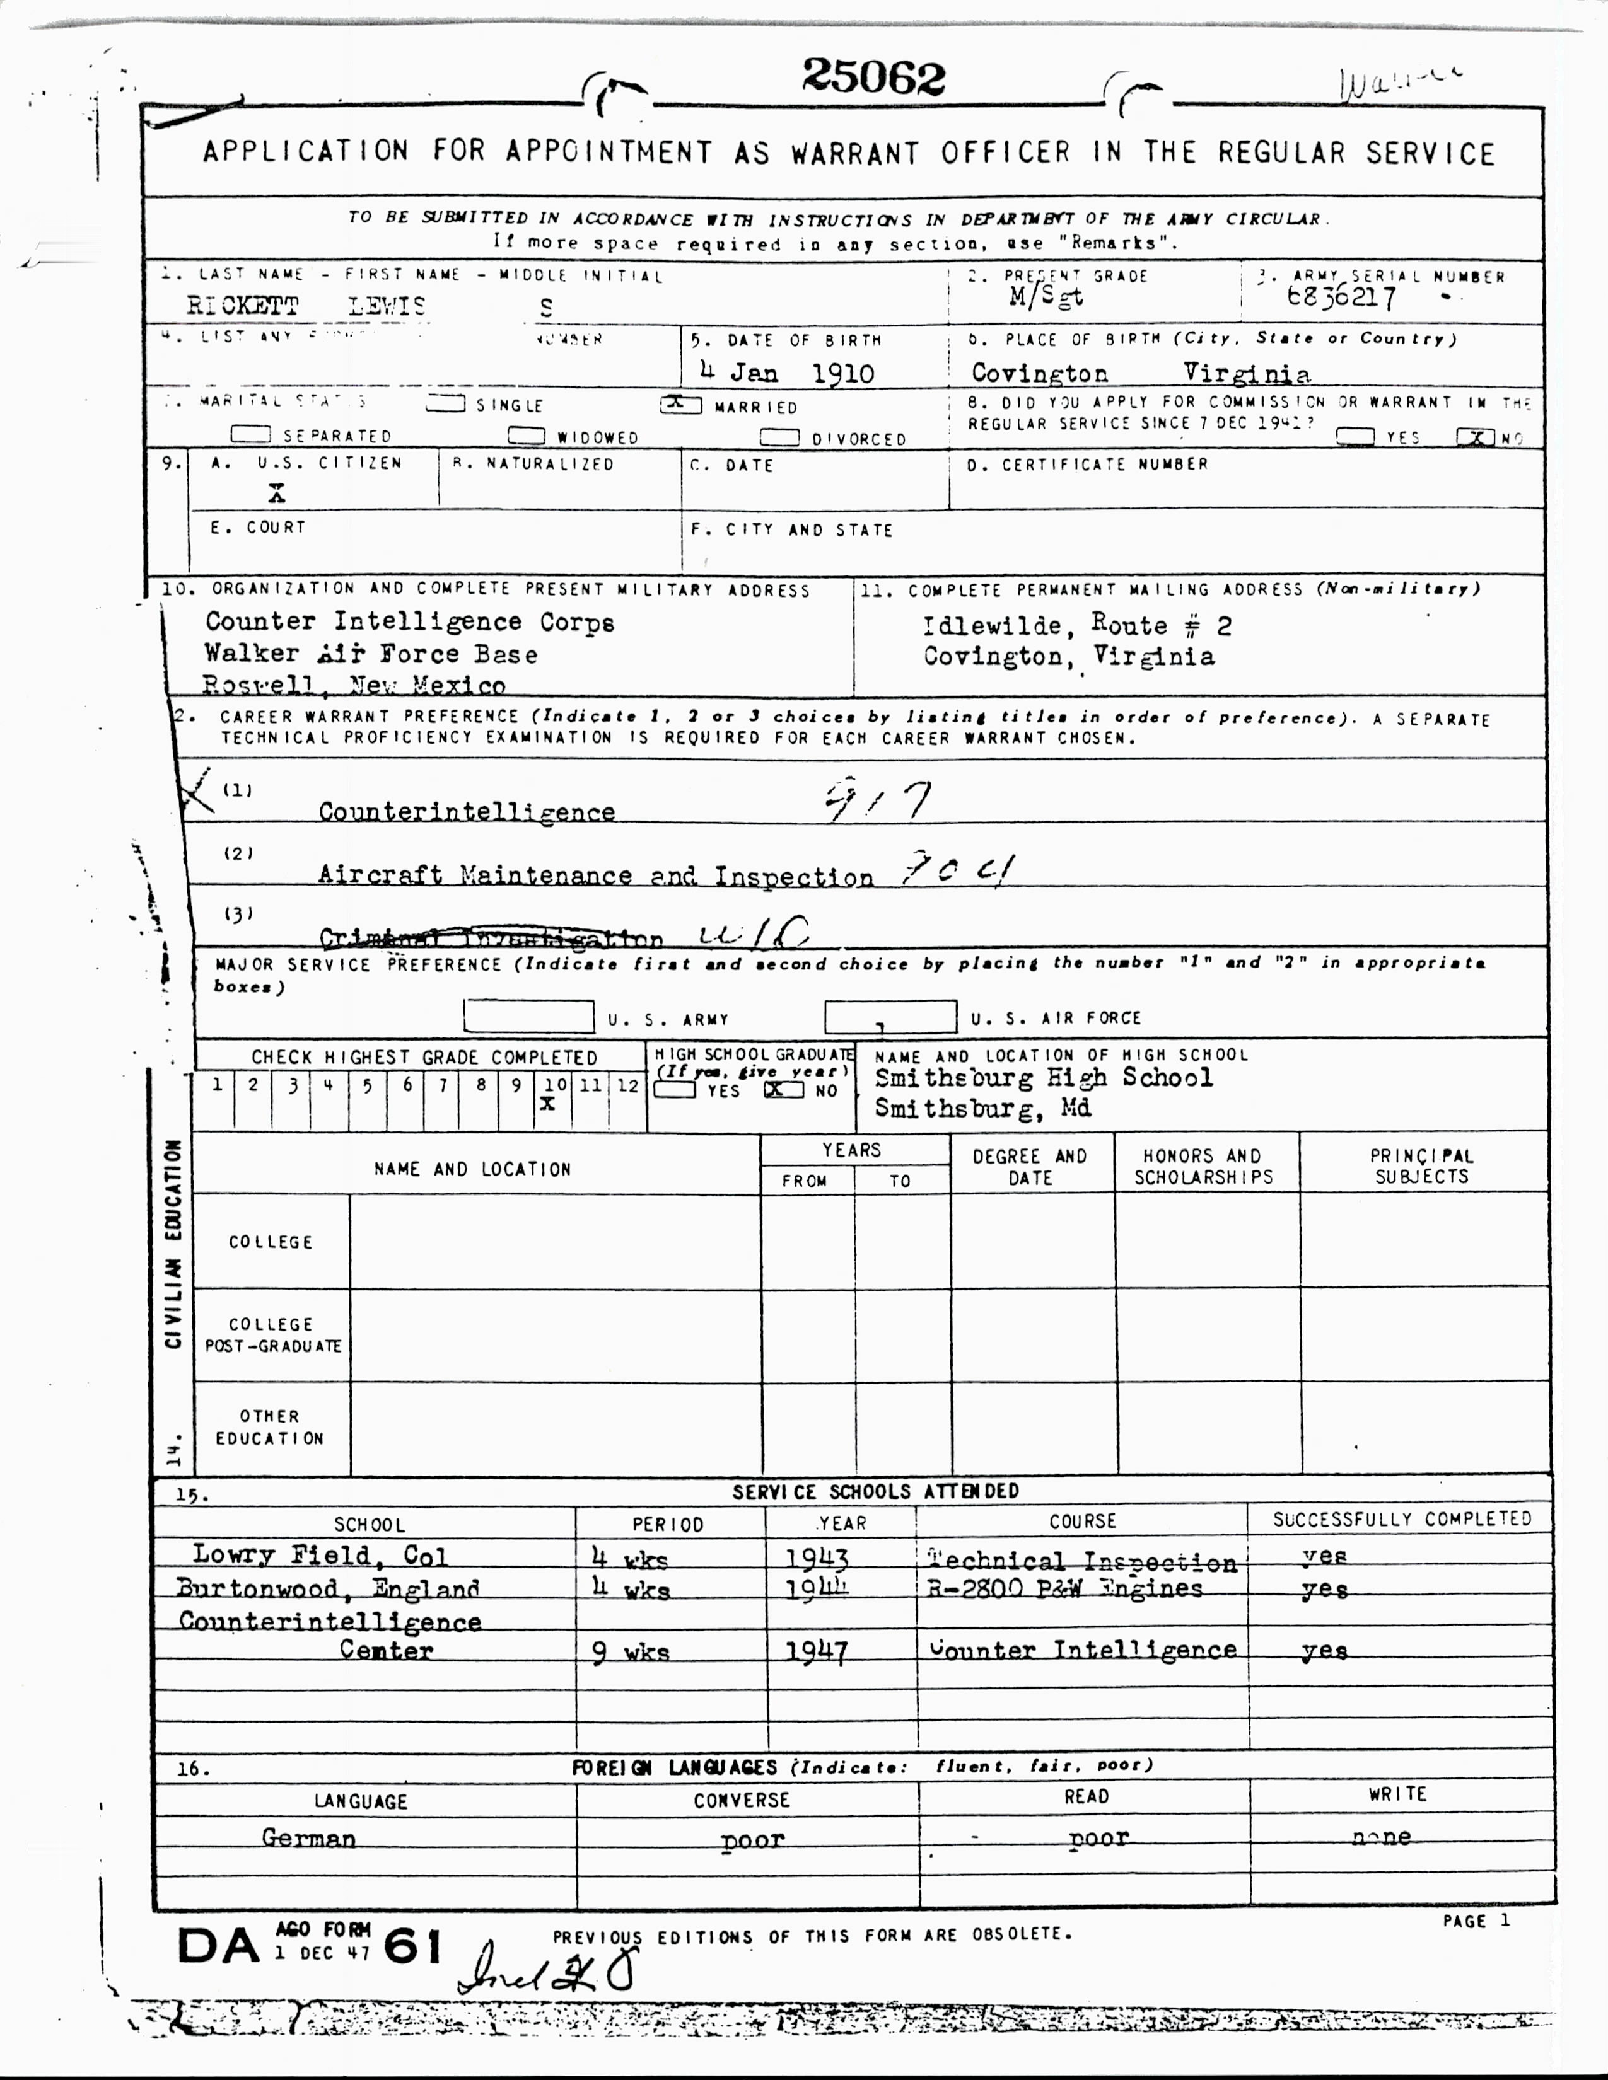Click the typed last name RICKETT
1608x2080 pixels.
coord(242,306)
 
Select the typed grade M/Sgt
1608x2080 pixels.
coord(1046,297)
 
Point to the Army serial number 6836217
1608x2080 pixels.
coord(1341,298)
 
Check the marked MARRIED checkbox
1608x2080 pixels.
coord(680,405)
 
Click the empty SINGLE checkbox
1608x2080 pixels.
coord(446,404)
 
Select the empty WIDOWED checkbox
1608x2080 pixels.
coord(526,436)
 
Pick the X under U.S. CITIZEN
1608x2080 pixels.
coord(276,494)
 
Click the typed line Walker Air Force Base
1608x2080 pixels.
coord(371,654)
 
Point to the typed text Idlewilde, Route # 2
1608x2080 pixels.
coord(1076,626)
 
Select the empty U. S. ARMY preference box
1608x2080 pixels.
coord(528,1016)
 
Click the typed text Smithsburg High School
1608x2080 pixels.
coord(1043,1078)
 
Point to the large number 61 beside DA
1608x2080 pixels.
coord(412,1946)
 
